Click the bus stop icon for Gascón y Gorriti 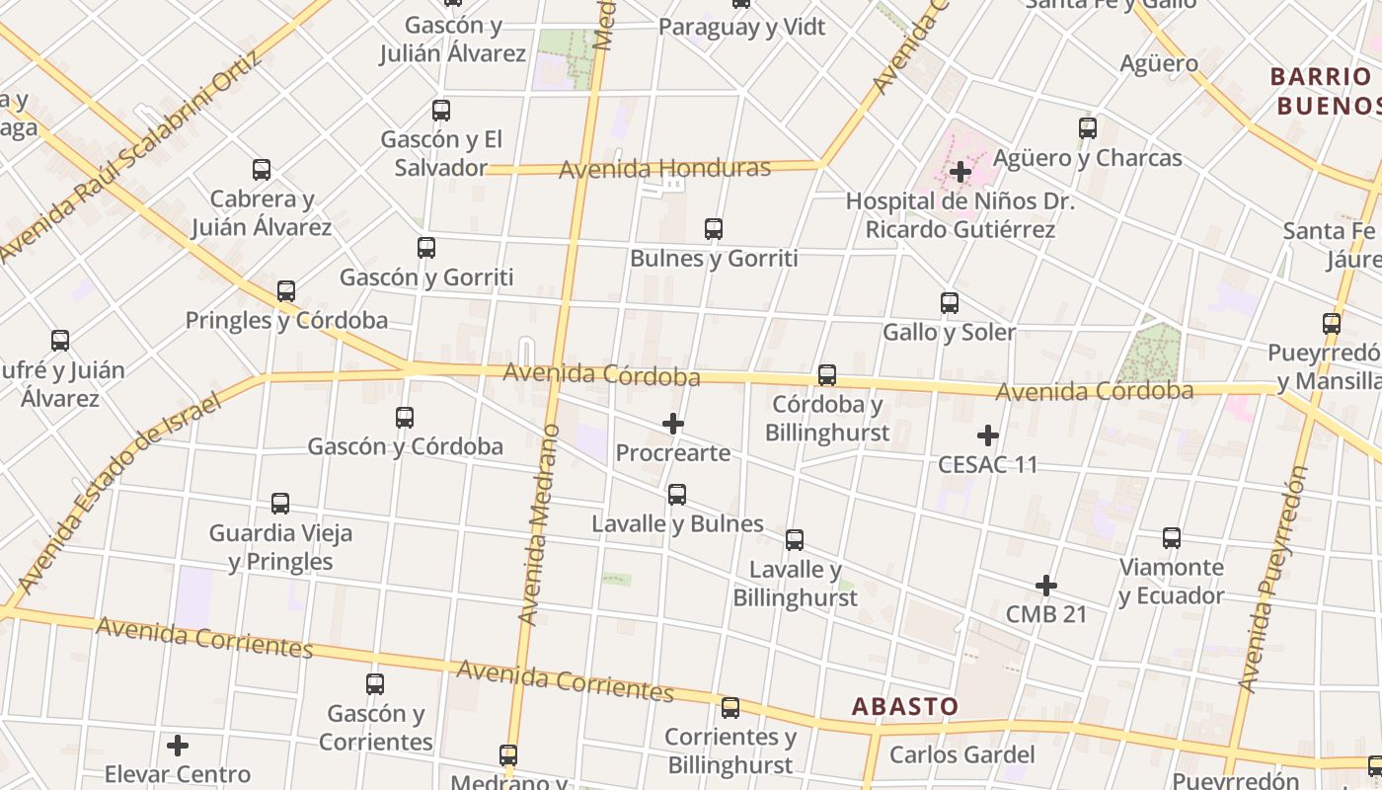[426, 248]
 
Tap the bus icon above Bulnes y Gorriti [714, 229]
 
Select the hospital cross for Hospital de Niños [960, 172]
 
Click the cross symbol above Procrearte [673, 424]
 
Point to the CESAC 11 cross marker [987, 434]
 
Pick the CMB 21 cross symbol [1046, 586]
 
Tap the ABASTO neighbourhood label [905, 706]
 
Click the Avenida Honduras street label [664, 169]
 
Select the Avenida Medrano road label [539, 524]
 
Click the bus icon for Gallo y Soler [950, 303]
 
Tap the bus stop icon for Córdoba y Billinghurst [827, 375]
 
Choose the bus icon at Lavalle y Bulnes [677, 494]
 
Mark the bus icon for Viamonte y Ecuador [1172, 538]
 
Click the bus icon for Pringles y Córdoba [286, 291]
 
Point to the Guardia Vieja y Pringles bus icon [280, 504]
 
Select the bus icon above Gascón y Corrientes [375, 683]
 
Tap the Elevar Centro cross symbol [178, 745]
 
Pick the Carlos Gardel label [962, 755]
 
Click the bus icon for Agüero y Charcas [1088, 128]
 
